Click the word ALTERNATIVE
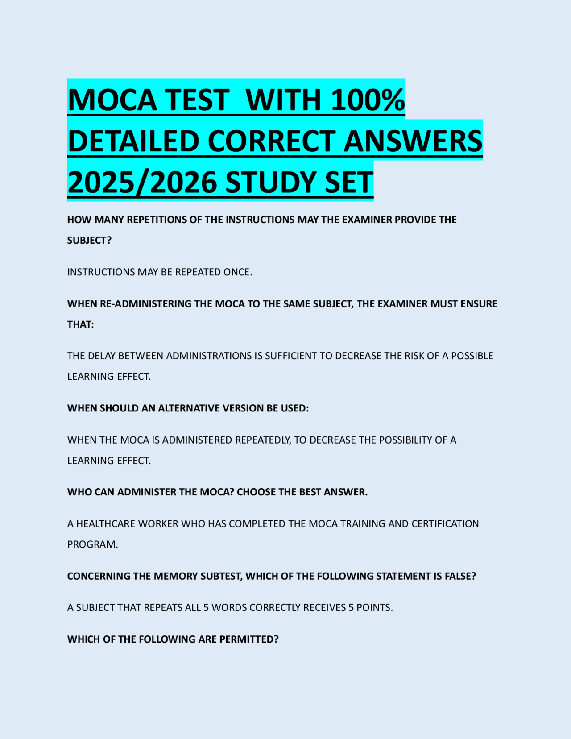[x=190, y=408]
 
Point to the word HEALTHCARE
[x=106, y=524]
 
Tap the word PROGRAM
[x=92, y=544]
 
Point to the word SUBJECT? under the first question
[x=89, y=240]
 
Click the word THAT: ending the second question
[x=80, y=324]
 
